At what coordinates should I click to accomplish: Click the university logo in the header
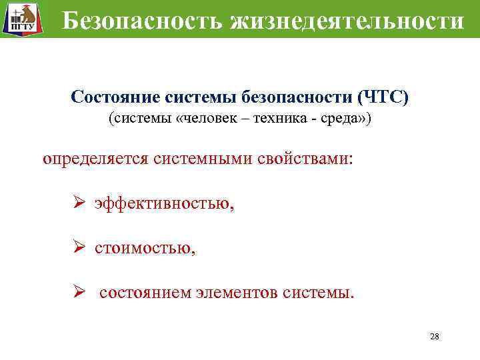tap(20, 19)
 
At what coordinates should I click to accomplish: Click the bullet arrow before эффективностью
tap(78, 204)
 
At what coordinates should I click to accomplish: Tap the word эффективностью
tap(164, 205)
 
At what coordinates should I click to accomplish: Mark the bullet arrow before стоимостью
tap(78, 248)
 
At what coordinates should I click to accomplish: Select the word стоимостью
tap(145, 249)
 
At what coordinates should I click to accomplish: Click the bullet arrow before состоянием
tap(78, 292)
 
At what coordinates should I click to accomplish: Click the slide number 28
tap(435, 336)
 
